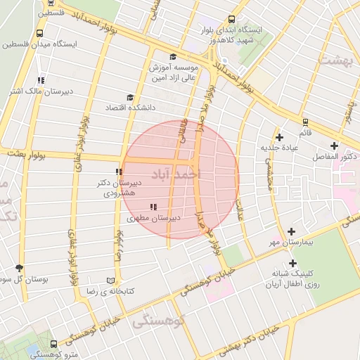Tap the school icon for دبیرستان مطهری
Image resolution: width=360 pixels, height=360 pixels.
tap(153, 207)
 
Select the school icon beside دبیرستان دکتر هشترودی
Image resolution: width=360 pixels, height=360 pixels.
tap(119, 172)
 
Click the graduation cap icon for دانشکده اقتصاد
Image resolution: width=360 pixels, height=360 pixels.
tap(129, 98)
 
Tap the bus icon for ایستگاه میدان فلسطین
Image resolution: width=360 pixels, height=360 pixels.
tap(39, 32)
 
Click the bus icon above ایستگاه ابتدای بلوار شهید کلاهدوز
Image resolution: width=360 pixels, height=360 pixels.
tap(232, 20)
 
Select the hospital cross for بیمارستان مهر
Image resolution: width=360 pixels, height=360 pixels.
tap(292, 231)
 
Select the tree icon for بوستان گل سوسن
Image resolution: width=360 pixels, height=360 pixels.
tap(19, 268)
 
